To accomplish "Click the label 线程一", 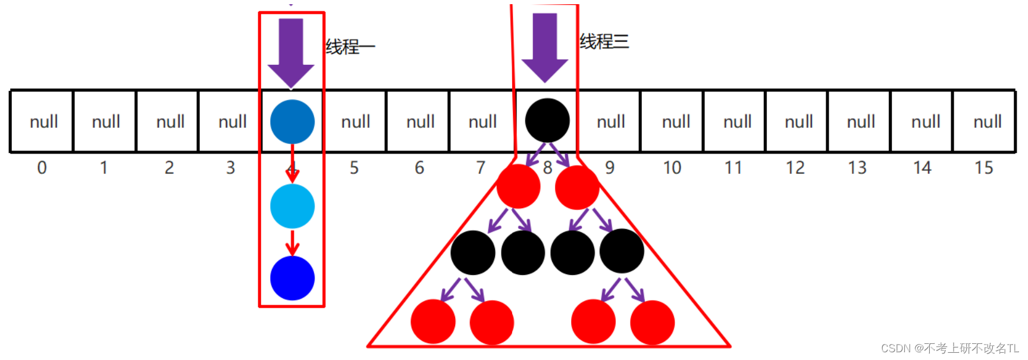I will click(x=350, y=47).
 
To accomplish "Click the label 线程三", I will click(x=604, y=42).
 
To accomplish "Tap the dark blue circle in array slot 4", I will click(x=292, y=121).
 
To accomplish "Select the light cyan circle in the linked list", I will click(x=292, y=206).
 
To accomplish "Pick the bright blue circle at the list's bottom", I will click(x=292, y=278).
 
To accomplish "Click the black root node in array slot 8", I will click(x=547, y=121).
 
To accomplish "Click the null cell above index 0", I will click(x=43, y=122).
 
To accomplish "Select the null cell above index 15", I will click(x=987, y=122).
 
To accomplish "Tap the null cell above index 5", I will click(x=356, y=122).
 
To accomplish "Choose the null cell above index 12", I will click(x=798, y=122).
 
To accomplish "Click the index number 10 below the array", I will click(x=672, y=168).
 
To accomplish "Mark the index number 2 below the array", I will click(x=169, y=168).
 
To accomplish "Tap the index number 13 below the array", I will click(x=857, y=168).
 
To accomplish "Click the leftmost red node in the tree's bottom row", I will click(x=433, y=322).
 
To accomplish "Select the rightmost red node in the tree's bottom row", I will click(x=652, y=322).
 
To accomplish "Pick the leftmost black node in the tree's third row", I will click(x=473, y=253).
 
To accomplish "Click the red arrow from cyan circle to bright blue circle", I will click(x=292, y=242).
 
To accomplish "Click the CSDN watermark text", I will click(x=949, y=348).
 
